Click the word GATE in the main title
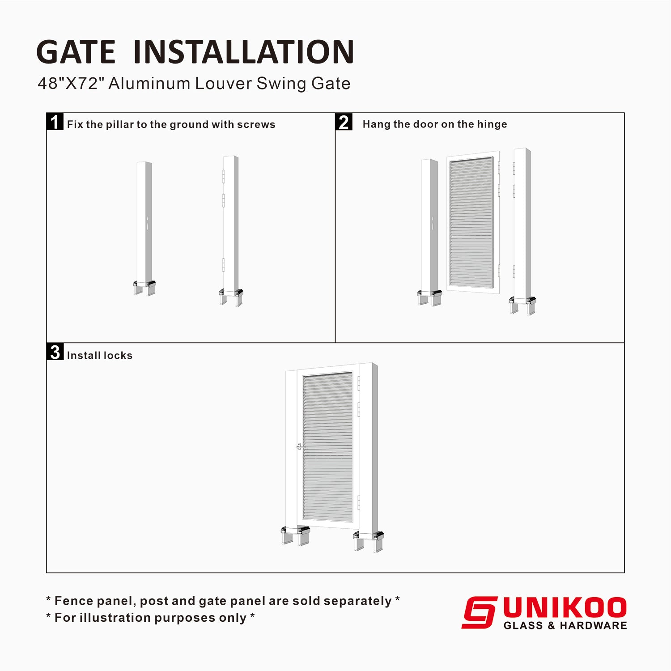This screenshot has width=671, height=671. point(76,52)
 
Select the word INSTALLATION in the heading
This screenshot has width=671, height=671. point(244,52)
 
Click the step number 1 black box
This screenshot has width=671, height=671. point(55,122)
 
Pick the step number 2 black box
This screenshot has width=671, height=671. point(344,122)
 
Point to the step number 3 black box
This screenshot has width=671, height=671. point(55,352)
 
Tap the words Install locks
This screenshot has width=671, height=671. point(100,356)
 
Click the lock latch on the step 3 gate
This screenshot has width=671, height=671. point(300,446)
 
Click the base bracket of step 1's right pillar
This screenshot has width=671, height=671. point(231,296)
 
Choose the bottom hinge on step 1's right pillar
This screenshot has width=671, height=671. point(223,265)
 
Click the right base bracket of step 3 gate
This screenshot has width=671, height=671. point(368,540)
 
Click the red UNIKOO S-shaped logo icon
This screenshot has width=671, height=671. point(479,612)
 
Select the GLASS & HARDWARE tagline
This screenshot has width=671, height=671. point(565,625)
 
